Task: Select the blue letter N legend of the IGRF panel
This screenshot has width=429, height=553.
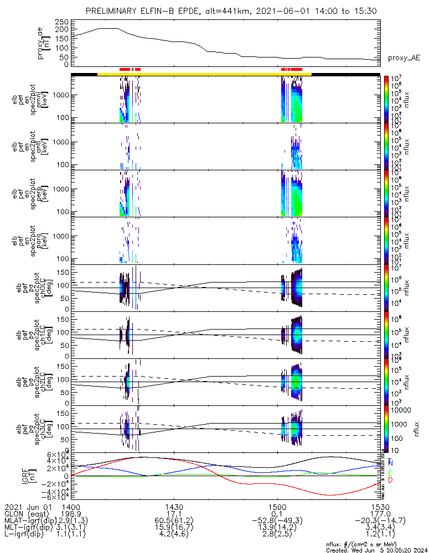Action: pyautogui.click(x=391, y=462)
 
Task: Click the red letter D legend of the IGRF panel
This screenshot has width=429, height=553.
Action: pyautogui.click(x=391, y=480)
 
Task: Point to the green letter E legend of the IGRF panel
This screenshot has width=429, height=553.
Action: pyautogui.click(x=391, y=473)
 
